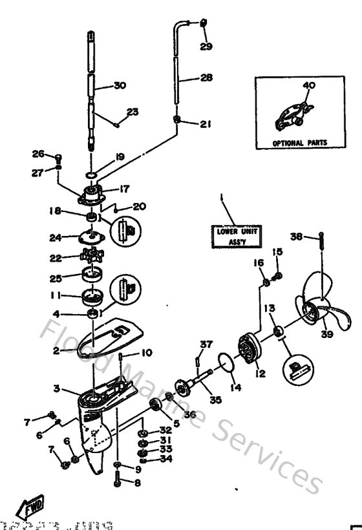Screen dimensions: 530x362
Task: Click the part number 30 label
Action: click(x=119, y=85)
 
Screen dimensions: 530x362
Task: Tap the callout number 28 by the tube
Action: click(x=206, y=78)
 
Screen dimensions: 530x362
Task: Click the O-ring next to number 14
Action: click(x=224, y=362)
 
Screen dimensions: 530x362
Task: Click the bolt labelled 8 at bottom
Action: click(x=116, y=479)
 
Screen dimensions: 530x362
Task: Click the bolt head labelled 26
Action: click(x=58, y=156)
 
